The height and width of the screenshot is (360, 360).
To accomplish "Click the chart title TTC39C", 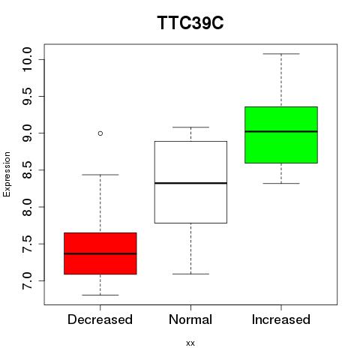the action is (x=190, y=22).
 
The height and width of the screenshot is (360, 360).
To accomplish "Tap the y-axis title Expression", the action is (x=7, y=174).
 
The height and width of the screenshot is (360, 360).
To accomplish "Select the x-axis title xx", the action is (x=190, y=343).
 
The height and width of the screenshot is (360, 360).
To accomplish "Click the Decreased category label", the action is (x=100, y=319).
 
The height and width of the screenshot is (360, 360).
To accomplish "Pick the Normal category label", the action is (x=190, y=319).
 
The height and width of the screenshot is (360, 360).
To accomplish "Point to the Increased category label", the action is (x=281, y=319).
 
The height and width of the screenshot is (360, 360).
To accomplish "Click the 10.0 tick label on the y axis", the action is (x=27, y=59).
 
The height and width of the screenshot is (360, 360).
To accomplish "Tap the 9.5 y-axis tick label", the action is (x=27, y=96).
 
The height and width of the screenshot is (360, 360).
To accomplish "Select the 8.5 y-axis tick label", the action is (x=27, y=170).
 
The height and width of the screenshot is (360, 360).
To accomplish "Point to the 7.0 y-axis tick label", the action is (x=27, y=280).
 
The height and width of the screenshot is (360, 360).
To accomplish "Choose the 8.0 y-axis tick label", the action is (x=27, y=207).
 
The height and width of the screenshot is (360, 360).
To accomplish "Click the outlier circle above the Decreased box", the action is (x=100, y=133).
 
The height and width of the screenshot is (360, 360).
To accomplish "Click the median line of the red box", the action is (x=100, y=253).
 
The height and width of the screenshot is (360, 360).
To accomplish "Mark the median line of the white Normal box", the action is (x=190, y=183).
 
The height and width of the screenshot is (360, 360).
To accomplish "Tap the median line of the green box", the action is (x=281, y=131).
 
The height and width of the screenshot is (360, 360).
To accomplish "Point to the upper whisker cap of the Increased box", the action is (x=281, y=54).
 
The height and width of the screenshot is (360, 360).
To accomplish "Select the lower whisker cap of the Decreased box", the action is (x=100, y=295).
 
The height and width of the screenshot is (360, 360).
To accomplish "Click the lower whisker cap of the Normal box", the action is (x=190, y=274).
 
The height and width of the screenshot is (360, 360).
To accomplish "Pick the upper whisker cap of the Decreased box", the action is (x=100, y=175).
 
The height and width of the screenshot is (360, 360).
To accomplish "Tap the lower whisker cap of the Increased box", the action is (x=281, y=184).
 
